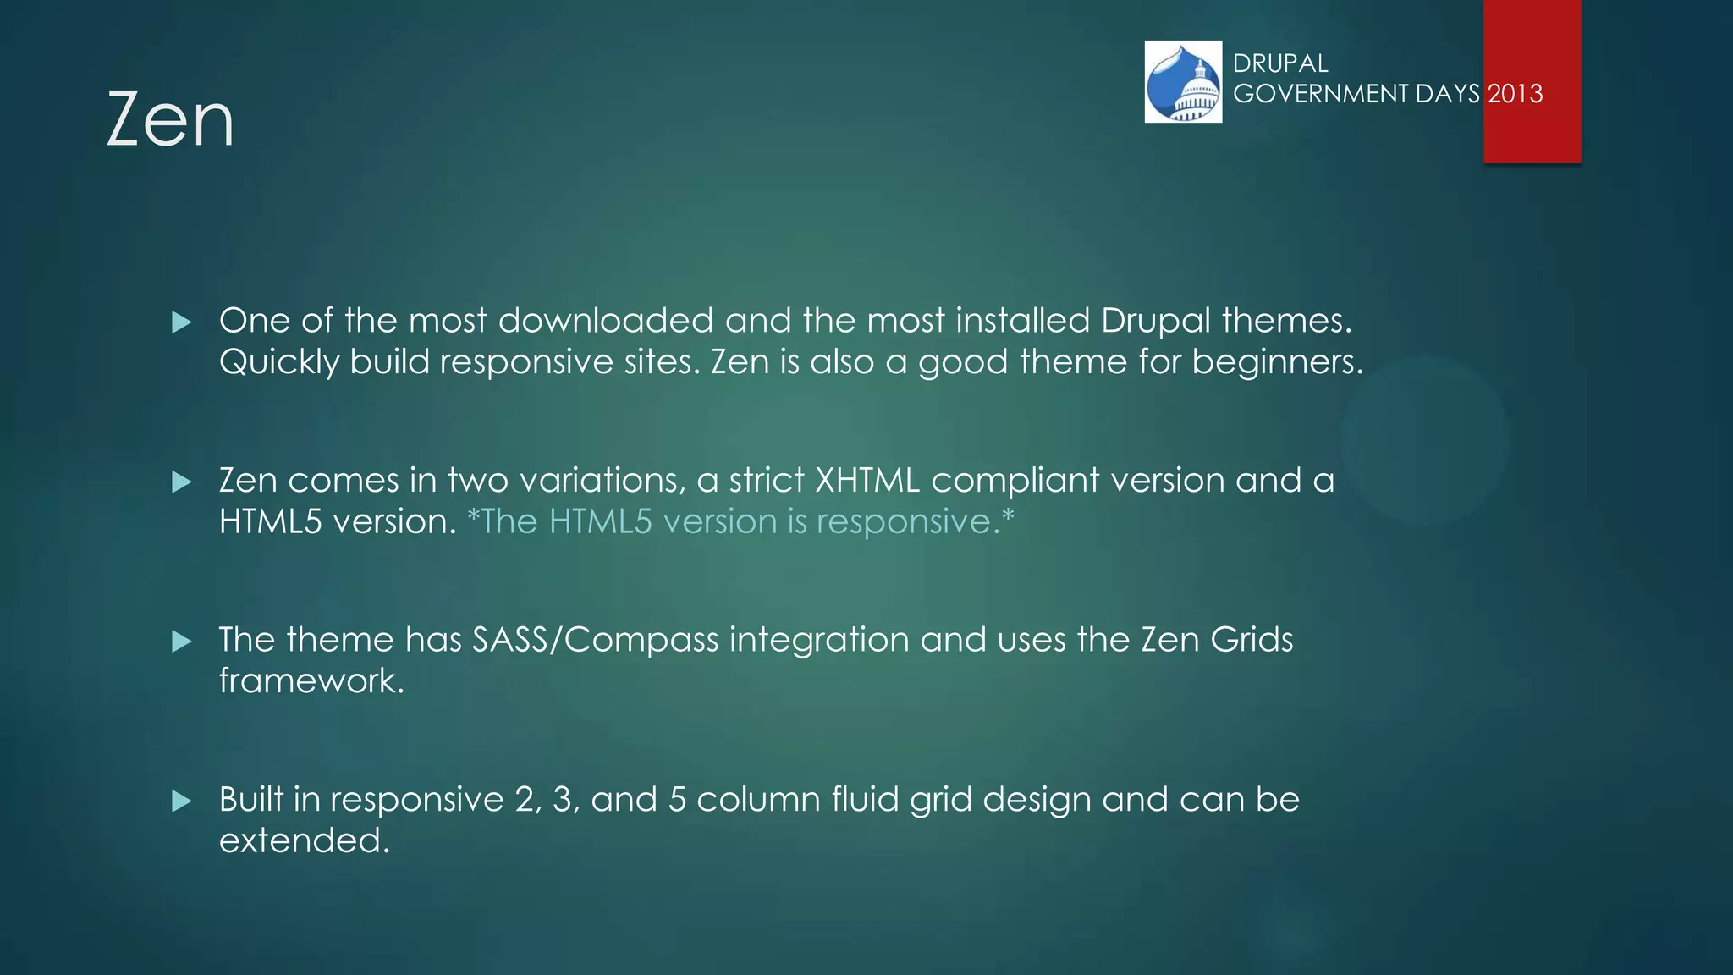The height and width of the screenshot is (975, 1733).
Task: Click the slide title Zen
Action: click(x=170, y=119)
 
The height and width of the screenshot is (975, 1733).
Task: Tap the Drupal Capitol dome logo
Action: click(x=1183, y=82)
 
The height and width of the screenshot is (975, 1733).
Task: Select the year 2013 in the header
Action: click(x=1516, y=93)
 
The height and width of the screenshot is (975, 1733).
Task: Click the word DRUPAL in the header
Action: click(x=1280, y=63)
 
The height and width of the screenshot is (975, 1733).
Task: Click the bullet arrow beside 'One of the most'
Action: click(x=182, y=322)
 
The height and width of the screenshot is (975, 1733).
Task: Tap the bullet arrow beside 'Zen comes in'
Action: click(x=182, y=482)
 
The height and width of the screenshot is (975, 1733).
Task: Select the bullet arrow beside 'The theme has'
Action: click(x=182, y=642)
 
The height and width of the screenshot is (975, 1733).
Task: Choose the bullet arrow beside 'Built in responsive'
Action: click(x=182, y=801)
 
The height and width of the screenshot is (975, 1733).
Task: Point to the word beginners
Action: click(x=1278, y=362)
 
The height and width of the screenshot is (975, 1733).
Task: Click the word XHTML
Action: click(x=866, y=481)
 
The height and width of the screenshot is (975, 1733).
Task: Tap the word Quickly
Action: click(x=279, y=362)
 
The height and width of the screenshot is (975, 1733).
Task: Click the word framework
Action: click(x=311, y=680)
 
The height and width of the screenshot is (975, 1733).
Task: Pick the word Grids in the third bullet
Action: click(x=1252, y=640)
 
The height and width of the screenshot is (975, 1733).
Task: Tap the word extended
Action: click(x=305, y=840)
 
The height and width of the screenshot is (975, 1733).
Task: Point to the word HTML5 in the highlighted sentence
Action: click(x=600, y=521)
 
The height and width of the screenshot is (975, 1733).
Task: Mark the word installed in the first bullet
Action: click(x=1022, y=321)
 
